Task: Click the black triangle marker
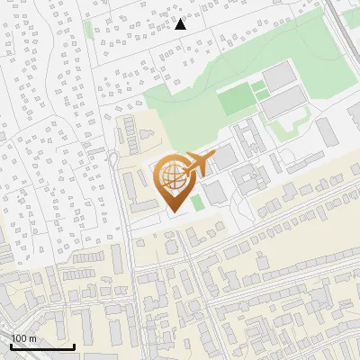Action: coord(180,24)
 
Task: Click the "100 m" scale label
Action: coord(24,337)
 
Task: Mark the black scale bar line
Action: coord(42,346)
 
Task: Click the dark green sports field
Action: coord(236,98)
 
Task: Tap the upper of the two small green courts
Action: coord(258,86)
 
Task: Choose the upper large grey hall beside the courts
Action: coord(279,76)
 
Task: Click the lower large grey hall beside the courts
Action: coord(283,106)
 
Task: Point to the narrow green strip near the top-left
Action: coord(89,29)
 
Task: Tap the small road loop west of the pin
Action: coord(114,160)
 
